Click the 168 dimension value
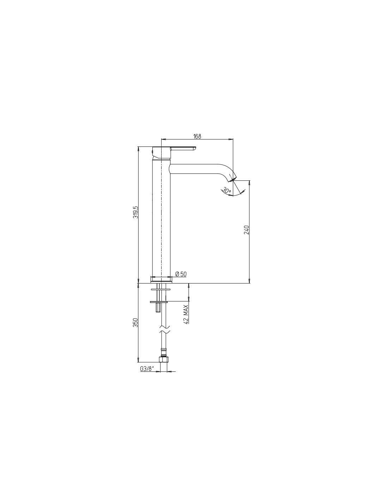tap(197, 136)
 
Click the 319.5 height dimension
tap(135, 212)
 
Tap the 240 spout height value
tap(246, 229)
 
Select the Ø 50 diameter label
tap(181, 274)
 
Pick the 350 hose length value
tap(135, 322)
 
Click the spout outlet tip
tap(234, 179)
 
